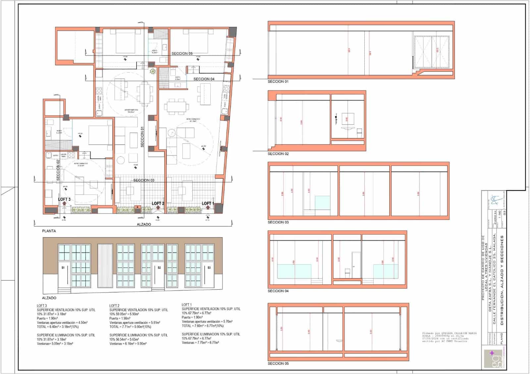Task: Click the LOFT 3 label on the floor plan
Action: (64, 199)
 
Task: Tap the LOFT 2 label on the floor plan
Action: (158, 204)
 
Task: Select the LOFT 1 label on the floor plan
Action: (208, 204)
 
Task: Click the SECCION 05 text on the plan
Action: (182, 54)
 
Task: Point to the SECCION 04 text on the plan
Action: (204, 79)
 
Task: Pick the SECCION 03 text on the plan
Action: (144, 180)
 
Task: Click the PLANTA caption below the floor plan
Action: (49, 231)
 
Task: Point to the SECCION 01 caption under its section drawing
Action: (278, 81)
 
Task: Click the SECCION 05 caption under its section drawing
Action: (278, 363)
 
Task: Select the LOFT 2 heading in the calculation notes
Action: (114, 306)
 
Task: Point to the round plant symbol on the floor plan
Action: (153, 71)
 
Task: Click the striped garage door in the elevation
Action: (106, 265)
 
